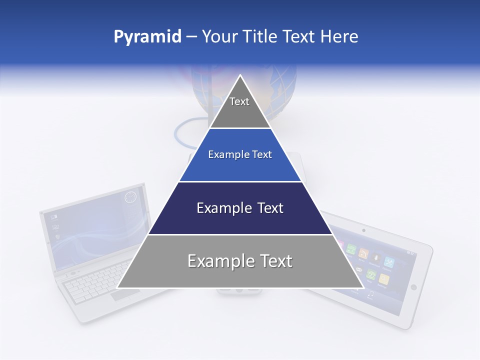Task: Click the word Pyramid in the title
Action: coord(147,37)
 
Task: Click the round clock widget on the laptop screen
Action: coord(130,197)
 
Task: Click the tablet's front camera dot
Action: coord(363,230)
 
